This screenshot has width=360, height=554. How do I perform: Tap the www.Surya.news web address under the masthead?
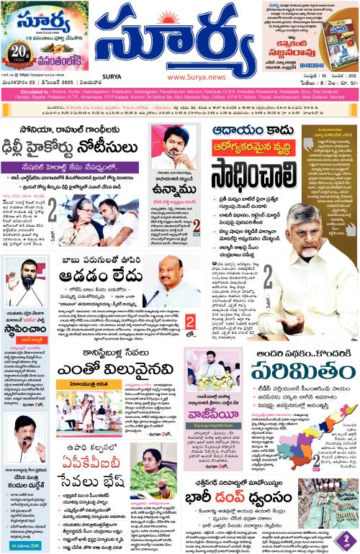point(191,78)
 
